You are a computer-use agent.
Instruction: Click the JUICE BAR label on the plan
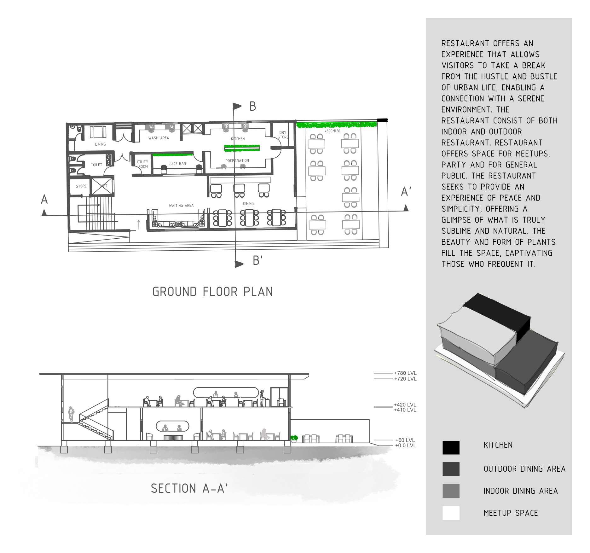pos(177,164)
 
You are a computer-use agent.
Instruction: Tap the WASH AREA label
pos(159,138)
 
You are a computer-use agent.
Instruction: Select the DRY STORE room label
pos(283,135)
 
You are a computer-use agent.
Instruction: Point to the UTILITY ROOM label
pos(142,164)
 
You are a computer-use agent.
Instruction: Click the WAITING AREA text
pos(181,206)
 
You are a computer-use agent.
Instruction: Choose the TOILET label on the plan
pos(96,165)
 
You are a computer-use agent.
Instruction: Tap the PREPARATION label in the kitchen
pos(237,161)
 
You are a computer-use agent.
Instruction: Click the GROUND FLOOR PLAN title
pos(212,292)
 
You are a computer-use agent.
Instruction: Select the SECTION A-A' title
pos(189,489)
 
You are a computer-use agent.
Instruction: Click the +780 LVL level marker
pos(405,373)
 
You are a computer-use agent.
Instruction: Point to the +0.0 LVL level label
pos(405,445)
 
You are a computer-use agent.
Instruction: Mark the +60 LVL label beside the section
pos(405,440)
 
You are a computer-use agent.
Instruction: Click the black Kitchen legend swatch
pos(451,447)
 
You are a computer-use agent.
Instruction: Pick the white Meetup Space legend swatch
pos(451,513)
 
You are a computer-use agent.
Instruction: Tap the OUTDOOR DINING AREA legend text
pos(524,469)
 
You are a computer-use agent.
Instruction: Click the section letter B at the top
pos(253,107)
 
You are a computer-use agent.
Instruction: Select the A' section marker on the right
pos(406,192)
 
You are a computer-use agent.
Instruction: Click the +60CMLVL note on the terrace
pos(333,131)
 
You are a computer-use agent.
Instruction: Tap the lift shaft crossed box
pos(102,186)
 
